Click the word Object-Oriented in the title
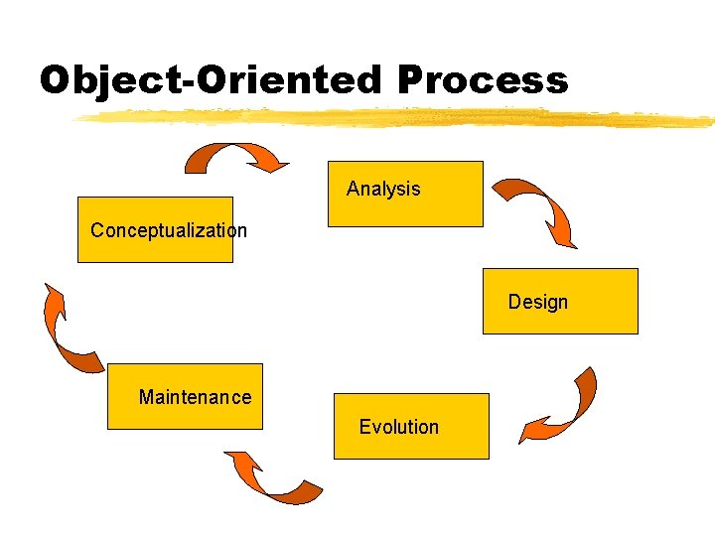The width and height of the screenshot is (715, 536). (209, 79)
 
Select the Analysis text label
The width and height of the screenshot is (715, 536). (383, 189)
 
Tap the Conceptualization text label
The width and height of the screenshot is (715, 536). (169, 231)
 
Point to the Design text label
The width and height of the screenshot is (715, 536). (538, 302)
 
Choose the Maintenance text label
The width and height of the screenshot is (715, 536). (196, 398)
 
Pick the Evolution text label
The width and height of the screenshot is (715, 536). (398, 427)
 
